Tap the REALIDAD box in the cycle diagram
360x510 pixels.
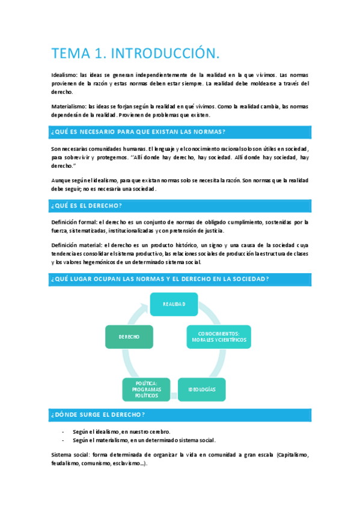174,304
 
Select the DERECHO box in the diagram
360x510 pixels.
129,337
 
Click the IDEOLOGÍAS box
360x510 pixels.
202,390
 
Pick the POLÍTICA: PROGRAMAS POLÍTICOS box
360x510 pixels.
146,390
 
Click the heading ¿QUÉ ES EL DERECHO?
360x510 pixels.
87,206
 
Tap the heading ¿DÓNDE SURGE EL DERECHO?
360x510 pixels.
98,415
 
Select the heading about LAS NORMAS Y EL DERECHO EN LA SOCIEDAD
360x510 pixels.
160,278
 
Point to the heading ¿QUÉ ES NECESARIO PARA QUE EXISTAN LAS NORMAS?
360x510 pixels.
138,132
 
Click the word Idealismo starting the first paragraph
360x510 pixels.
64,75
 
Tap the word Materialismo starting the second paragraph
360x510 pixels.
68,106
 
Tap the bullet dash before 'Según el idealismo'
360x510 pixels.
63,432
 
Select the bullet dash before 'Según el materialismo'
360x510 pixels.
63,440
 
